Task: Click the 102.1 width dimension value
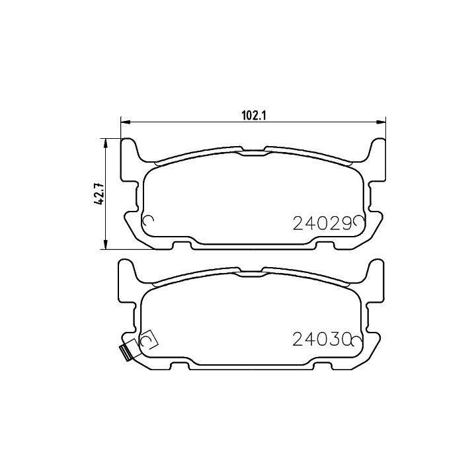tap(253, 115)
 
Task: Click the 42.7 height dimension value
tap(100, 194)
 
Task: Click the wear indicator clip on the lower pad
tap(126, 353)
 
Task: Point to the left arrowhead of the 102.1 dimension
tap(125, 122)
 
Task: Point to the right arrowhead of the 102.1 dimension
tap(381, 122)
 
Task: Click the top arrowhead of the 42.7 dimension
tap(105, 143)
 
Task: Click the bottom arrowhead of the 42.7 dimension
tap(105, 245)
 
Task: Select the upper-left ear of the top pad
tap(130, 149)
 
